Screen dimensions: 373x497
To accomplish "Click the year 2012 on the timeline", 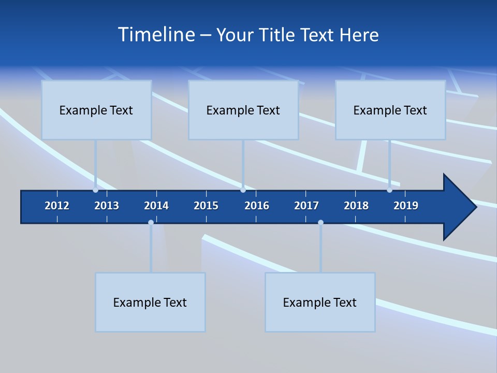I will pyautogui.click(x=57, y=206).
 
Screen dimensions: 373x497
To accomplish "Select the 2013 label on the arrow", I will pyautogui.click(x=107, y=206).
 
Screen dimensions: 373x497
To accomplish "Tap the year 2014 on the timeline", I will pyautogui.click(x=156, y=206).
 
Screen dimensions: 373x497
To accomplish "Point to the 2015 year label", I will pyautogui.click(x=206, y=206).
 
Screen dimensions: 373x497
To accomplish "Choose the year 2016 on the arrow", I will pyautogui.click(x=257, y=206).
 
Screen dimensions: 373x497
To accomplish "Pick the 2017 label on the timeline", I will pyautogui.click(x=306, y=206).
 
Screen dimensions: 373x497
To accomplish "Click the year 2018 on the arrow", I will pyautogui.click(x=356, y=206).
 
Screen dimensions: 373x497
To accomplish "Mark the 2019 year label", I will pyautogui.click(x=406, y=206).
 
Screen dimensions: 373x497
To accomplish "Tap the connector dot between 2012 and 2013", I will pyautogui.click(x=95, y=190).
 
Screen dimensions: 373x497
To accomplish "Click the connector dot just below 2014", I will pyautogui.click(x=151, y=222).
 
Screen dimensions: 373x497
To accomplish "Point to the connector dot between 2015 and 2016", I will pyautogui.click(x=243, y=190).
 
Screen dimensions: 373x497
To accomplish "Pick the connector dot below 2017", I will pyautogui.click(x=320, y=222).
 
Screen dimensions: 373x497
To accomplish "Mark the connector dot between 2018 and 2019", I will pyautogui.click(x=389, y=190).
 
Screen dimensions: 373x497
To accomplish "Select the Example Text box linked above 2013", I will pyautogui.click(x=96, y=110).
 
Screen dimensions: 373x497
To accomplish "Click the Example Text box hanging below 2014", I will pyautogui.click(x=150, y=302).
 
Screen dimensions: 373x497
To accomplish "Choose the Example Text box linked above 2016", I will pyautogui.click(x=243, y=110).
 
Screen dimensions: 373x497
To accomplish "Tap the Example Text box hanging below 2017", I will pyautogui.click(x=320, y=302).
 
